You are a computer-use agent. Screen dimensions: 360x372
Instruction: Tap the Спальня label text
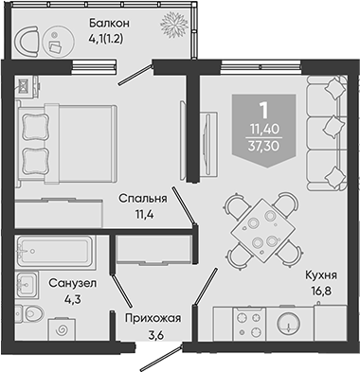pos(143,199)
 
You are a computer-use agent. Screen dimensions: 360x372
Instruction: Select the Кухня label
pos(321,275)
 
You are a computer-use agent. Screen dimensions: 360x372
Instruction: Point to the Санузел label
pos(73,283)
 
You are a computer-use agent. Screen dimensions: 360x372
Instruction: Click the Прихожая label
pos(153,318)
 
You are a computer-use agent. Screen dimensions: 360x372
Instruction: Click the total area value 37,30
pos(263,146)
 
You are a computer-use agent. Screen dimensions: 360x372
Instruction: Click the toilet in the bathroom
pos(29,313)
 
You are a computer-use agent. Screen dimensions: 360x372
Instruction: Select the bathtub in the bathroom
pos(55,251)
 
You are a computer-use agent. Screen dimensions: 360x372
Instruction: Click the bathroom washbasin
pos(27,285)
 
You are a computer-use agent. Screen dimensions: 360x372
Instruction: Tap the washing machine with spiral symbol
pos(62,330)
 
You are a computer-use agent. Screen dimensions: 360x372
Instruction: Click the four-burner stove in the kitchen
pos(249,324)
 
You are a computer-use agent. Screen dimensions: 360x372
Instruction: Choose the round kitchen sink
pos(288,324)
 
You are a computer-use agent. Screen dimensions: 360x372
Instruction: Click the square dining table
pos(261,230)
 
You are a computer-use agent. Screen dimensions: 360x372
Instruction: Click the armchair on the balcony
pos(27,41)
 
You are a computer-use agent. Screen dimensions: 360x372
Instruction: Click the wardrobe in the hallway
pos(153,249)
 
